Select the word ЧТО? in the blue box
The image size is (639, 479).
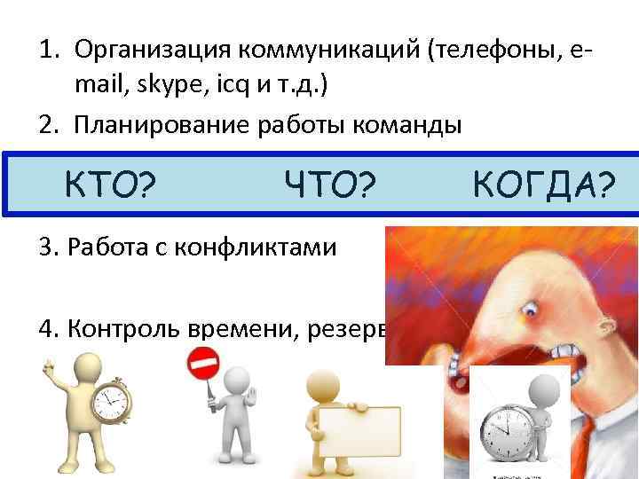tap(330, 186)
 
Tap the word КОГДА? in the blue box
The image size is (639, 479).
tap(544, 186)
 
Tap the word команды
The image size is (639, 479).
tap(414, 124)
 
